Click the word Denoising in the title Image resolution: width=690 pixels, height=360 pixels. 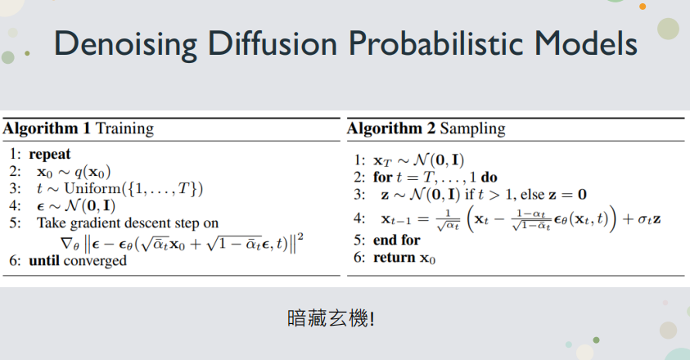pyautogui.click(x=125, y=44)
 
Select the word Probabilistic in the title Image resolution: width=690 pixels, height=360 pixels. pyautogui.click(x=436, y=43)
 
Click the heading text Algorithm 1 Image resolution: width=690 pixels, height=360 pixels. pyautogui.click(x=47, y=128)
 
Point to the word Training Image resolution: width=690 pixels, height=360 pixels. pyautogui.click(x=125, y=129)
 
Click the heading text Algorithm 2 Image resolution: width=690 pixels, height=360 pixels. pyautogui.click(x=390, y=128)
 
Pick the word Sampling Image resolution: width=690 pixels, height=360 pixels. pyautogui.click(x=472, y=129)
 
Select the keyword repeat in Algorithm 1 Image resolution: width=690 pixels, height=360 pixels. pyautogui.click(x=50, y=155)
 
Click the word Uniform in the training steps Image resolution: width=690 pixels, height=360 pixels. pyautogui.click(x=92, y=188)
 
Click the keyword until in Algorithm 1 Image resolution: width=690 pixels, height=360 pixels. pyautogui.click(x=44, y=260)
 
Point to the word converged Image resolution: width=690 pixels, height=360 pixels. pyautogui.click(x=95, y=261)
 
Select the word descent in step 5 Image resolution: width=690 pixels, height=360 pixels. pyautogui.click(x=150, y=223)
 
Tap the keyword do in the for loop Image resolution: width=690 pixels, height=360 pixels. pyautogui.click(x=489, y=178)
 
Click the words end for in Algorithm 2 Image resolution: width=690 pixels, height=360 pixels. pyautogui.click(x=396, y=240)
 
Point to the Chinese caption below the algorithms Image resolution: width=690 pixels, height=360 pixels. pyautogui.click(x=331, y=318)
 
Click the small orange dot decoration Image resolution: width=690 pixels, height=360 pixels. pyautogui.click(x=643, y=7)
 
